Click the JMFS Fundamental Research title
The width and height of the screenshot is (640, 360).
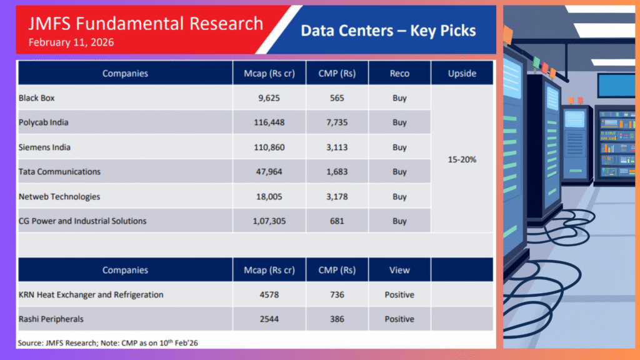coord(146,24)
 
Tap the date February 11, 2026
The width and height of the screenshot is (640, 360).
coord(71,42)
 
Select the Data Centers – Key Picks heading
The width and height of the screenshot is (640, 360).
coord(388,31)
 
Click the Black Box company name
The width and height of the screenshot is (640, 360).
coord(37,98)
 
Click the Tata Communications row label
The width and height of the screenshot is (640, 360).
coord(59,172)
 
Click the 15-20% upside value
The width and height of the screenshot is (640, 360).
coord(462,159)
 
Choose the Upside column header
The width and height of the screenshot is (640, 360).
coord(462,73)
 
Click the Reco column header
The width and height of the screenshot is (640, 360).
coord(399,73)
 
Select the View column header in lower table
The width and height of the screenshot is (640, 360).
coord(399,270)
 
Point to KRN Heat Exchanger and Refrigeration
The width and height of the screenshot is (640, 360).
coord(92,294)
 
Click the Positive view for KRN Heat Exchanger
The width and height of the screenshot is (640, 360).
coord(399,294)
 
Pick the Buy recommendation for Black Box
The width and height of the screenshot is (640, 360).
coord(399,98)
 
